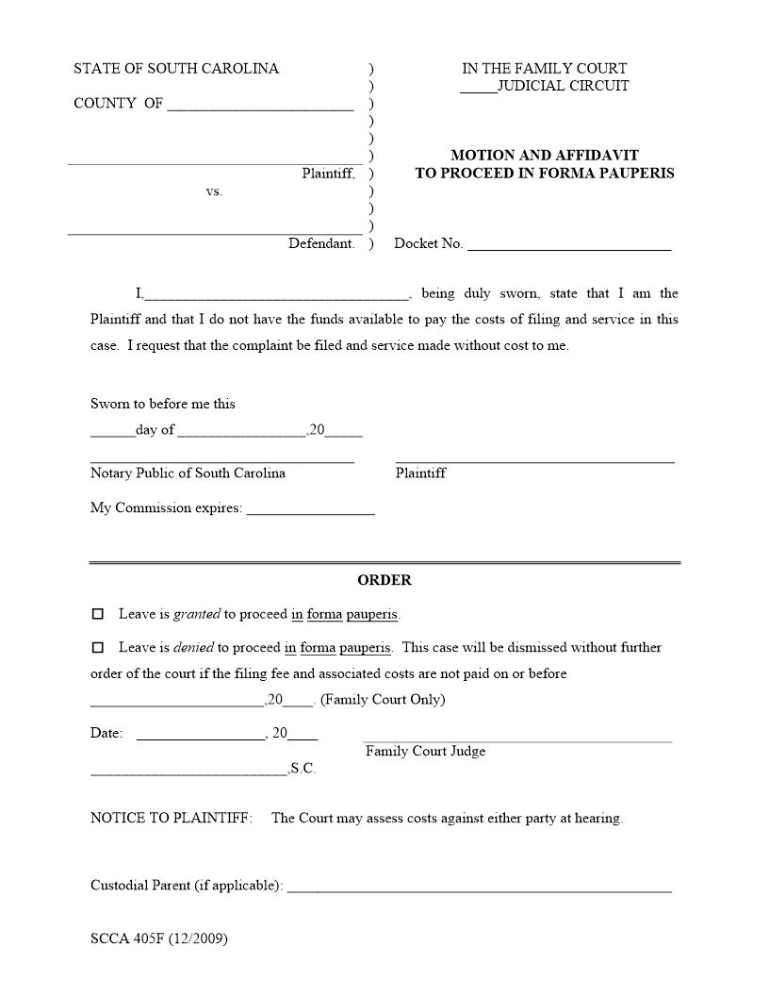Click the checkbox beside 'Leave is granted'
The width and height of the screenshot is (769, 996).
point(97,614)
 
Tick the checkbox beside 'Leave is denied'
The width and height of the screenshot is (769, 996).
point(97,648)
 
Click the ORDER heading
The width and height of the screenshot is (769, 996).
point(384,580)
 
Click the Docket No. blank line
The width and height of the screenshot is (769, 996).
point(569,245)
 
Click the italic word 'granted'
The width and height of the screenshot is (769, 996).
point(197,614)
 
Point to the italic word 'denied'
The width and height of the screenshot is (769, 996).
point(193,648)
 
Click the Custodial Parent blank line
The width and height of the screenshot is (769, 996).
point(479,888)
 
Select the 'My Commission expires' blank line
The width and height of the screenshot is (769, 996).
point(310,510)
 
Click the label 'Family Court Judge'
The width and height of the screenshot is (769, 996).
point(426,751)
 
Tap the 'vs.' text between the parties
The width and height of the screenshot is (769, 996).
point(214,191)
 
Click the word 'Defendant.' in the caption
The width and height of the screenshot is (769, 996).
point(321,243)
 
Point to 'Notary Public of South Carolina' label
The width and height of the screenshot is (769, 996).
point(188,473)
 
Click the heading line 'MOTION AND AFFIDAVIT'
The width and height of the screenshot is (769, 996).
point(545,155)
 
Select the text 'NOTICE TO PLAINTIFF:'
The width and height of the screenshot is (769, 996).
point(172,818)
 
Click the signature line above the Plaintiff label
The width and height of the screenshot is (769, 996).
point(535,461)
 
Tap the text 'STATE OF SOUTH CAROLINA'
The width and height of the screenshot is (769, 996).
point(176,69)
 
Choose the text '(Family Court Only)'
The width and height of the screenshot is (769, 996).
point(383,700)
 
